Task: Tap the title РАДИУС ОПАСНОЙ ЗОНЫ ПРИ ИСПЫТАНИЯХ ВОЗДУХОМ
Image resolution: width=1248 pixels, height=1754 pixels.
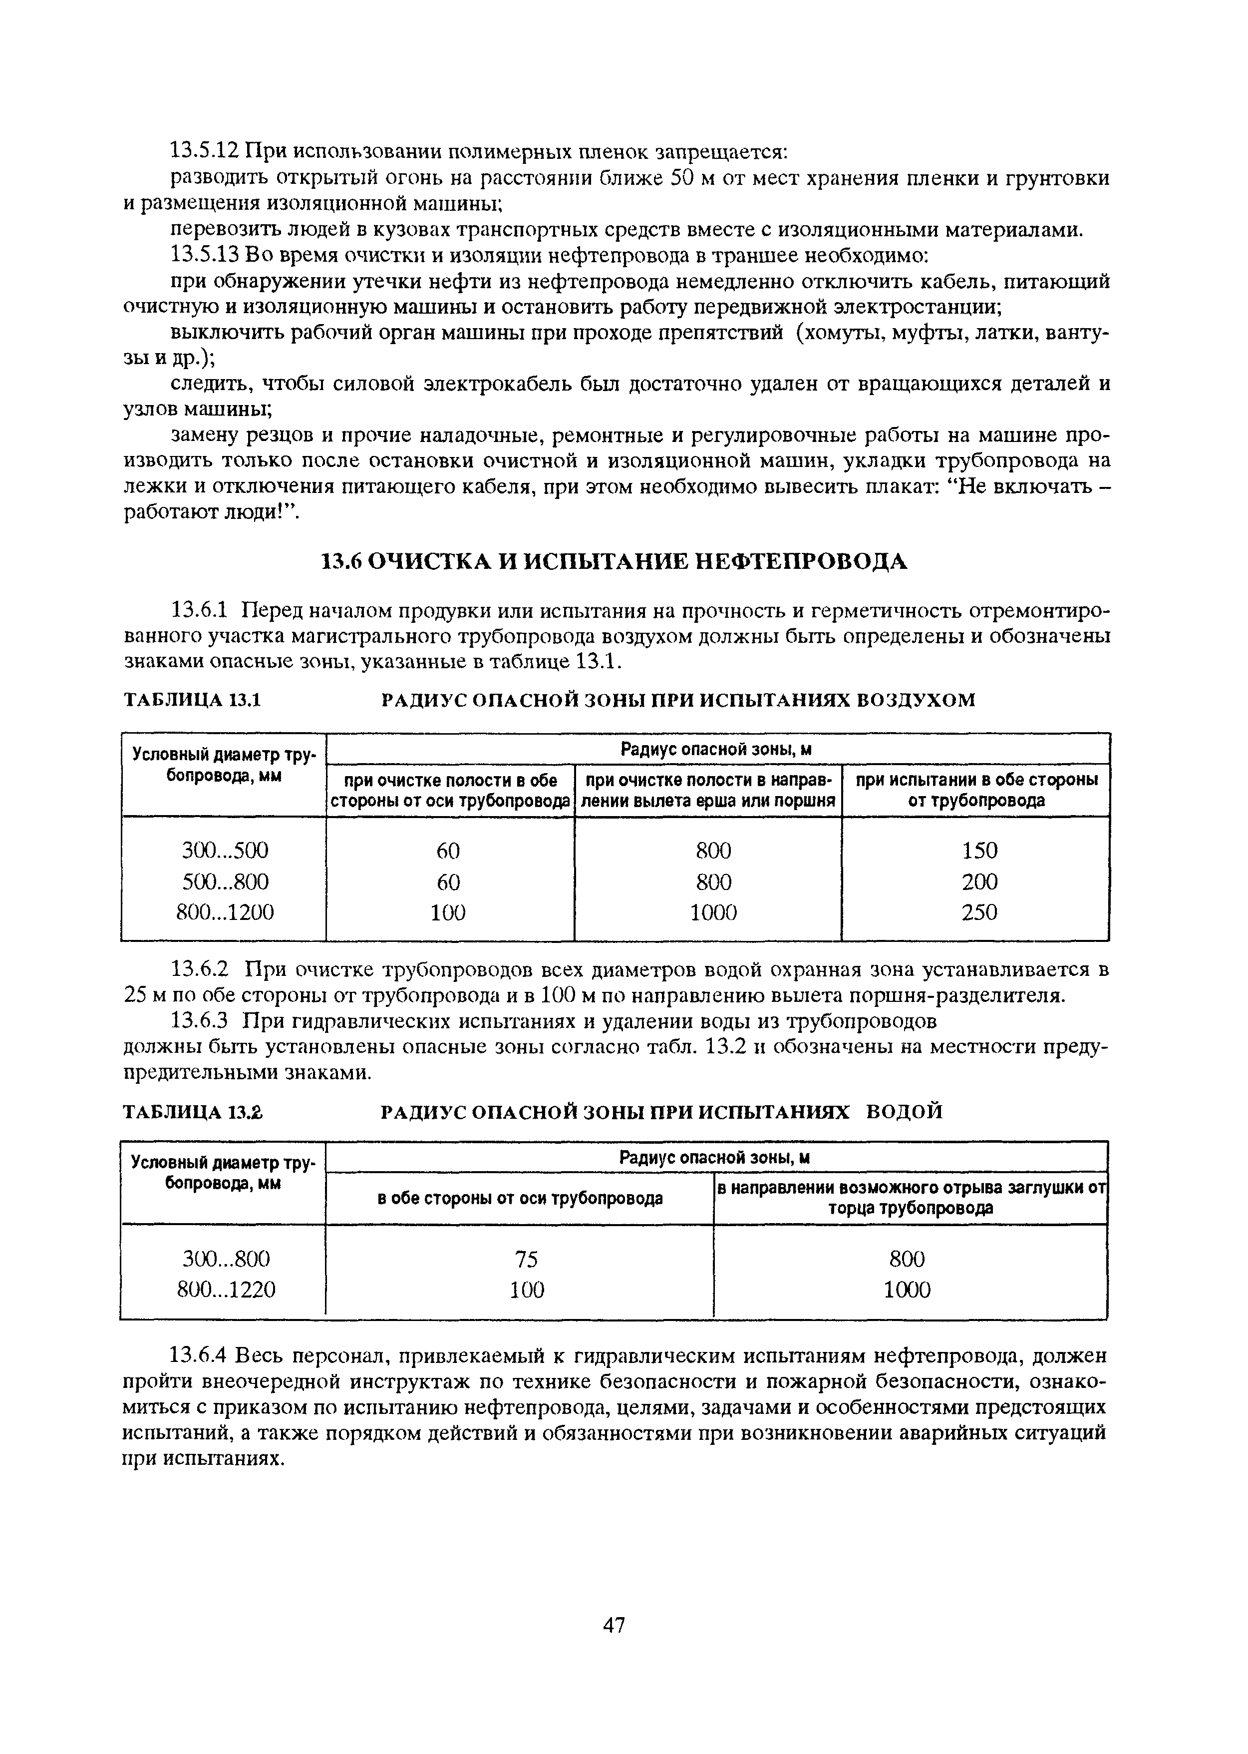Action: (x=678, y=700)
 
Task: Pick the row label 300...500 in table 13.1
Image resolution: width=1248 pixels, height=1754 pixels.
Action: (x=225, y=850)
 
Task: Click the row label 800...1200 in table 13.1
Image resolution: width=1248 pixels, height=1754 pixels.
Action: (x=225, y=912)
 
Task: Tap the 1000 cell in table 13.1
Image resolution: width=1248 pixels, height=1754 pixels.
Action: (x=713, y=912)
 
